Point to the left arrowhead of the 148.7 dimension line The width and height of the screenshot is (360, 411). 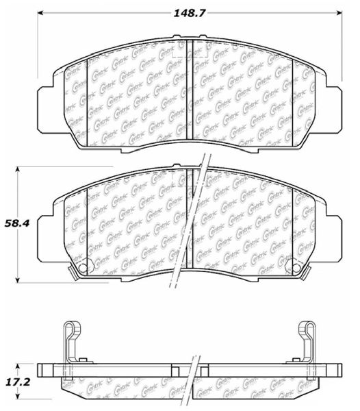[40, 12]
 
